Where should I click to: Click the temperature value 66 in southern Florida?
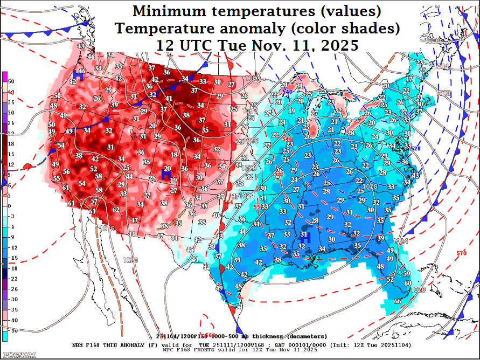coord(398,301)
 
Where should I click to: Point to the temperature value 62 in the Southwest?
coord(116,210)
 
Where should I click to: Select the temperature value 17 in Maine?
coord(409,79)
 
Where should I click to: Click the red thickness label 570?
coord(462,253)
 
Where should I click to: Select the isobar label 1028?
coord(371,186)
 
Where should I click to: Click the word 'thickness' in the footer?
coord(266,336)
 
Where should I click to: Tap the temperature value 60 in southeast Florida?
coord(407,283)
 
